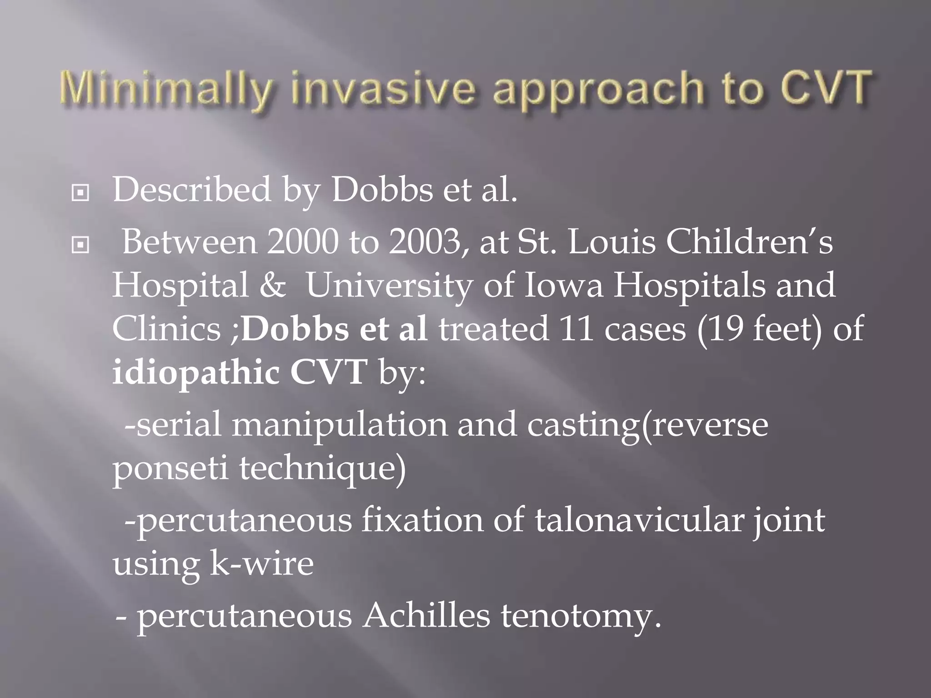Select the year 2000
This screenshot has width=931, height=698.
302,242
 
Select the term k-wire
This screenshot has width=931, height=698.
261,563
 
